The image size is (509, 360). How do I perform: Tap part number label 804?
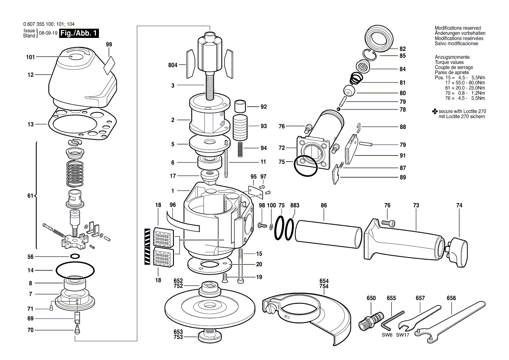(173, 65)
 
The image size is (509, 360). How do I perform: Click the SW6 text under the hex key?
(387, 335)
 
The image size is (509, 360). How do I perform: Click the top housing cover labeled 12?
(83, 81)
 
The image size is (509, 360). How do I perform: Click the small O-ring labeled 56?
(75, 256)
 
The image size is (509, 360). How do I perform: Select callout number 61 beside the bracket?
(30, 196)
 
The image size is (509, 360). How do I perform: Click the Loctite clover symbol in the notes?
(434, 112)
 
